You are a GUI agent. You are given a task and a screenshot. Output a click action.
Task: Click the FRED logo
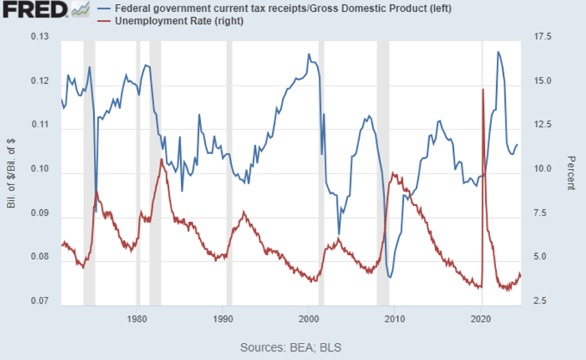[34, 10]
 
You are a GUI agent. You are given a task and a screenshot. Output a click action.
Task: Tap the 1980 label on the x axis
[137, 318]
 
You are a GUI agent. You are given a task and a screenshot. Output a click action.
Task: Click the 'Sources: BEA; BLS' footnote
[291, 347]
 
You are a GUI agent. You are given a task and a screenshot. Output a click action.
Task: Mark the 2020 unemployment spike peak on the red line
[483, 89]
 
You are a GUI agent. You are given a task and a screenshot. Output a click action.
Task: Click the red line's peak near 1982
[161, 160]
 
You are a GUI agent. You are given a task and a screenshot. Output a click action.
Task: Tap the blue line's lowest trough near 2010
[390, 277]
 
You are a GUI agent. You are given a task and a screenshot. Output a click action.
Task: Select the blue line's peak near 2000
[308, 53]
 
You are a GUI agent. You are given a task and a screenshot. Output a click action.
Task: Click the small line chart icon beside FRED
[81, 10]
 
